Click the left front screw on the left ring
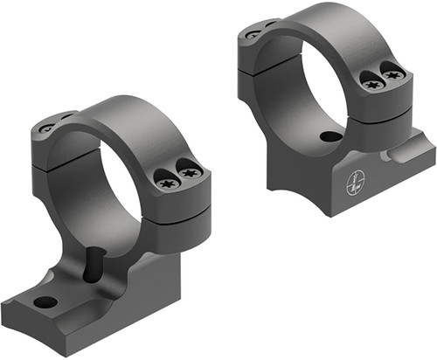coord(168,183)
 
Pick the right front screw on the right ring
coord(392,76)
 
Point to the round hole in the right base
coord(330,137)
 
